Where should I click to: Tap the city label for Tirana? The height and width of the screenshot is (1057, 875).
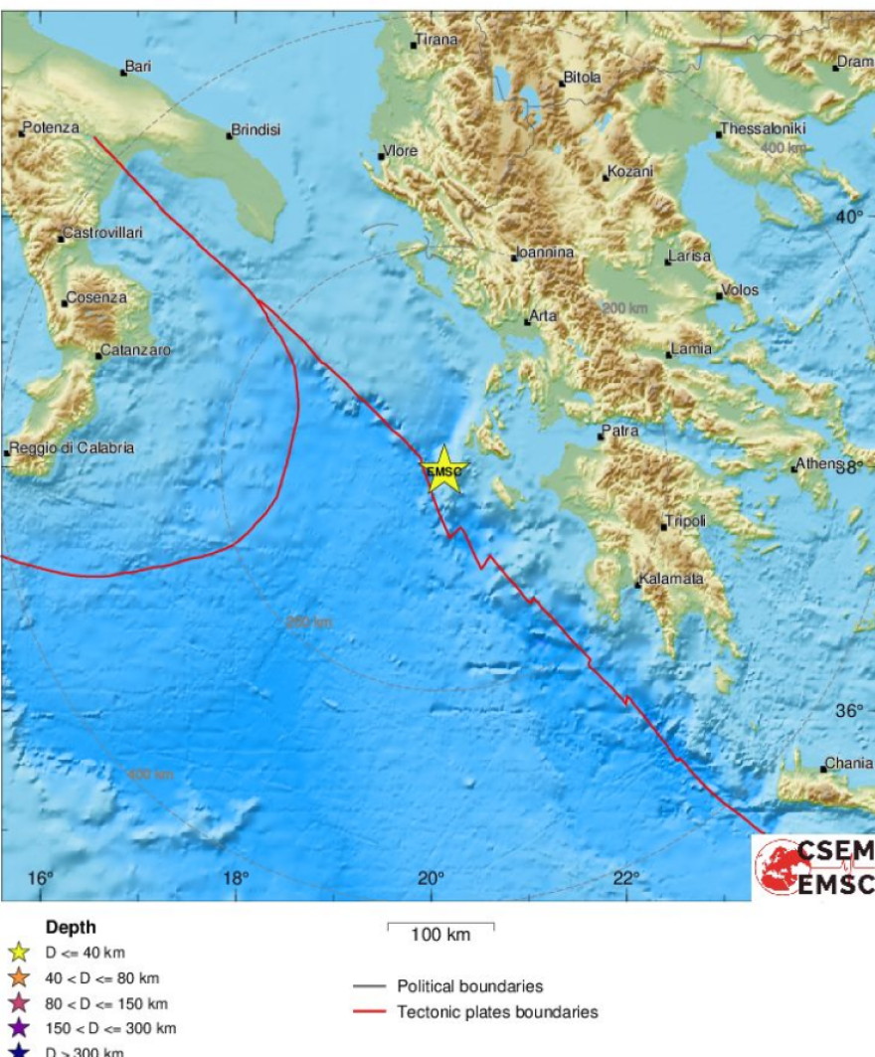coord(437,40)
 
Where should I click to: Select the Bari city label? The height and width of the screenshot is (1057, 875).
coord(137,68)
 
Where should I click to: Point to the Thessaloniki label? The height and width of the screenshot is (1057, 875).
coord(764,129)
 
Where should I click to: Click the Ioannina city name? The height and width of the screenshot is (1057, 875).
coord(546,254)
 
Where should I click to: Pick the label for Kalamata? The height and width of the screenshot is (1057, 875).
coord(672,579)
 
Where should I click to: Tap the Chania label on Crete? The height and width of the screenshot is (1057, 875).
coord(848,764)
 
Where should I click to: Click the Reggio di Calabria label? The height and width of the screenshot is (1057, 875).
coord(72,448)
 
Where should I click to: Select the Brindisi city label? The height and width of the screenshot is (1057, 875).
coord(258,130)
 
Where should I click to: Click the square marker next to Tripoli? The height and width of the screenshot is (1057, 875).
coord(663,526)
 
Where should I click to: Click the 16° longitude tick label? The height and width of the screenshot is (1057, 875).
coord(40,878)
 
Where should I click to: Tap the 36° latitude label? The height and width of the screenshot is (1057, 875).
coord(849,711)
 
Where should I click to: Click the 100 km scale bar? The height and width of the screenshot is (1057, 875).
coord(440,929)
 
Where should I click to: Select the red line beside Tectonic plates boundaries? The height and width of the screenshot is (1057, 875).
coord(370,1012)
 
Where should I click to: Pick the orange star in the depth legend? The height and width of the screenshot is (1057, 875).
coord(19,978)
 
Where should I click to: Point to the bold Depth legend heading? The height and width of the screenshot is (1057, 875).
coord(71,928)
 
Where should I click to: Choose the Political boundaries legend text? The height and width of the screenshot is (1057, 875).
coord(470,986)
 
